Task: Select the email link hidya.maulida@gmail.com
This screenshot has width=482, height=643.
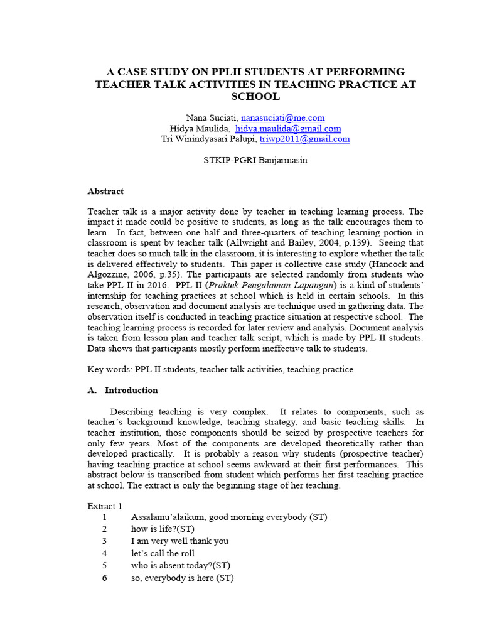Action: [288, 128]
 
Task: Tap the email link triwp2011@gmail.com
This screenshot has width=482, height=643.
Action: [305, 139]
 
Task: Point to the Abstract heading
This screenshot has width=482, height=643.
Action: [105, 191]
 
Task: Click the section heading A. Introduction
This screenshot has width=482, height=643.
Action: [122, 390]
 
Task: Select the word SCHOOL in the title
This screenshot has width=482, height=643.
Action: [255, 97]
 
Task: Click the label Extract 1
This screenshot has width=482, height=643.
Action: [105, 505]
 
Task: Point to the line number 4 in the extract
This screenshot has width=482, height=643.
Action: [105, 553]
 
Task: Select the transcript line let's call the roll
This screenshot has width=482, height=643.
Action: [163, 553]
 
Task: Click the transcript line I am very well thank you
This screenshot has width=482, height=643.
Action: [179, 541]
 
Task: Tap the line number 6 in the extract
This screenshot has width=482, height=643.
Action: [105, 578]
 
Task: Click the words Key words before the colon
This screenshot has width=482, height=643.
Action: [109, 369]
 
